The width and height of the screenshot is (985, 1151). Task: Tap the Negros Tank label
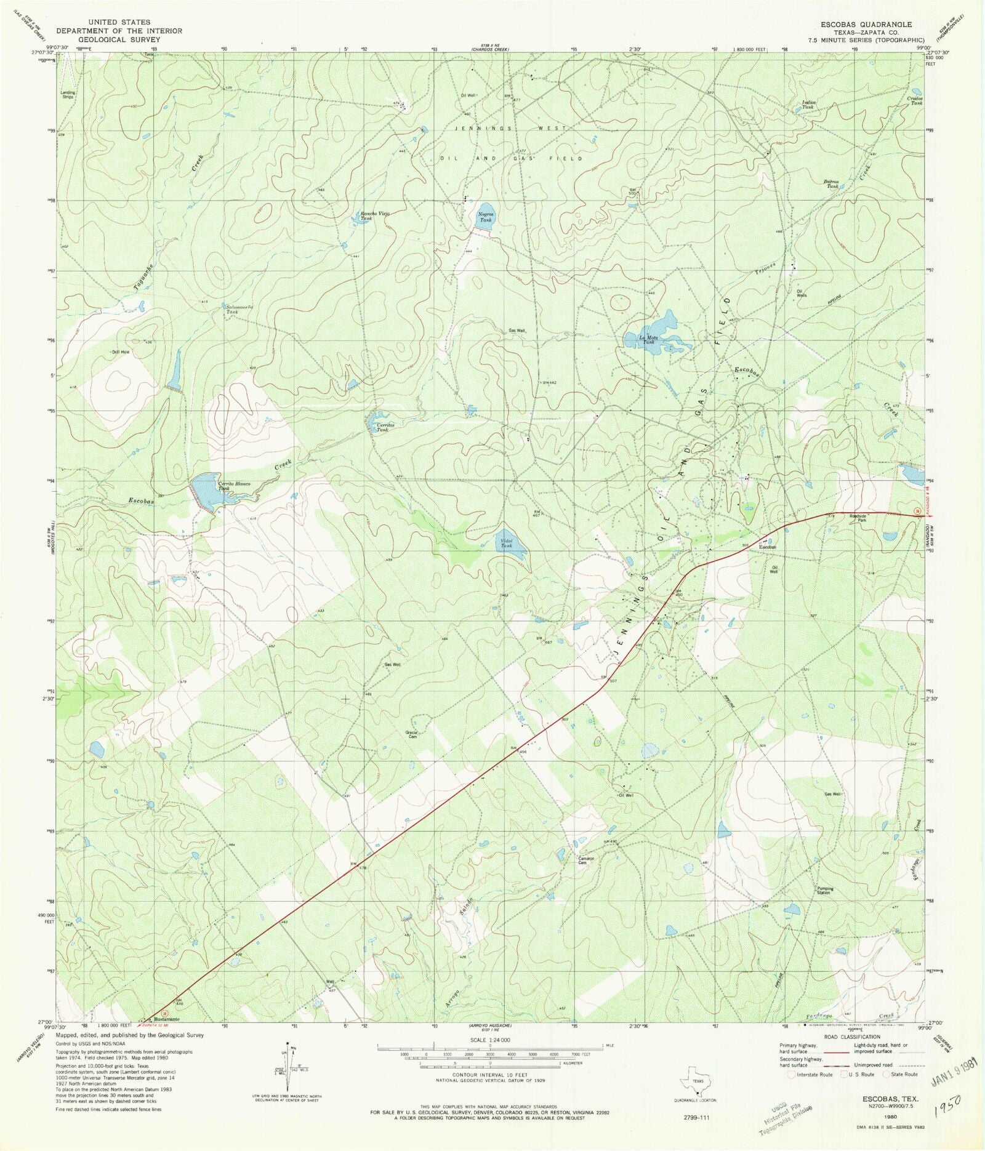tap(486, 217)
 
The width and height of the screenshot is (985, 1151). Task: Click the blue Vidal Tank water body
tap(510, 542)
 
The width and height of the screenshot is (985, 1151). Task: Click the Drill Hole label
tap(120, 352)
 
